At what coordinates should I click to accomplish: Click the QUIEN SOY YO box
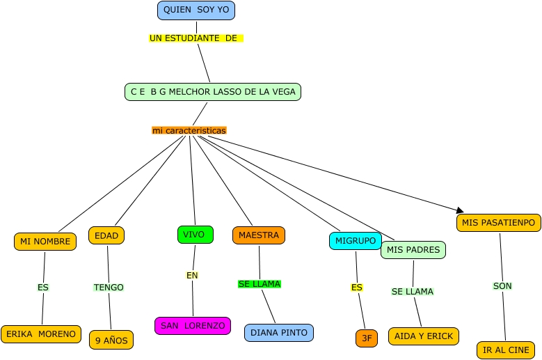pyautogui.click(x=196, y=10)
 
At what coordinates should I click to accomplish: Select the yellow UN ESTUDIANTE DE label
pyautogui.click(x=196, y=38)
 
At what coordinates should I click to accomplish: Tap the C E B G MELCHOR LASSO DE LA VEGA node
pyautogui.click(x=213, y=91)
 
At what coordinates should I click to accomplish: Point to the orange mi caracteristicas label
pyautogui.click(x=189, y=130)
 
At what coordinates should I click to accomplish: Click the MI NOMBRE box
pyautogui.click(x=45, y=242)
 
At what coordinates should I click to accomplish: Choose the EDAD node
pyautogui.click(x=106, y=235)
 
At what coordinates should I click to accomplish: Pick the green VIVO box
pyautogui.click(x=195, y=235)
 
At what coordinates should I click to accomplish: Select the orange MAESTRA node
pyautogui.click(x=259, y=235)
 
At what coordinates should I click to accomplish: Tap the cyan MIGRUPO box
pyautogui.click(x=356, y=241)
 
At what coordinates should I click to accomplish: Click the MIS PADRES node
pyautogui.click(x=413, y=250)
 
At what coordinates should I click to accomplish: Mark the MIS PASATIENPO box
pyautogui.click(x=499, y=223)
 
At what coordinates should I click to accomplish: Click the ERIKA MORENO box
pyautogui.click(x=41, y=334)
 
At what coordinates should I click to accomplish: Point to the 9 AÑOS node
pyautogui.click(x=111, y=341)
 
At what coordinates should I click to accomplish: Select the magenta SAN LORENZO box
pyautogui.click(x=193, y=326)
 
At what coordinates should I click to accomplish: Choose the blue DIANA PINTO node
pyautogui.click(x=279, y=333)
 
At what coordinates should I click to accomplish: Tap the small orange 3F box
pyautogui.click(x=367, y=338)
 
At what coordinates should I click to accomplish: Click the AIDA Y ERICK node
pyautogui.click(x=424, y=336)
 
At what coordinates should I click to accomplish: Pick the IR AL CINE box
pyautogui.click(x=506, y=350)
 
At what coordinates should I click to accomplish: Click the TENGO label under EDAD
pyautogui.click(x=109, y=288)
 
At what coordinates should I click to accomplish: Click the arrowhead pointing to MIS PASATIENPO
pyautogui.click(x=459, y=210)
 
